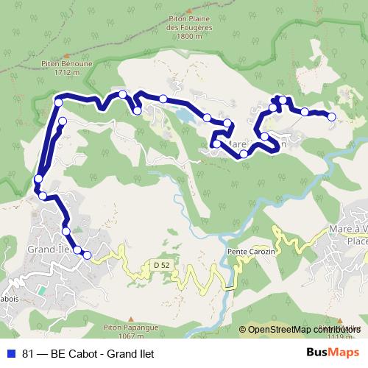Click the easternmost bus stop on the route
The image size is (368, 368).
point(331,116)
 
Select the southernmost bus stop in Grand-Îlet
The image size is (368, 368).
point(87,255)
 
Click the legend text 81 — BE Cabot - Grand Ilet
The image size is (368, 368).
point(88,353)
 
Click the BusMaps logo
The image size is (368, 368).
point(333,353)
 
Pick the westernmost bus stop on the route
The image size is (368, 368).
point(38,179)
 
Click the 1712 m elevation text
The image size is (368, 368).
point(66,74)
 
